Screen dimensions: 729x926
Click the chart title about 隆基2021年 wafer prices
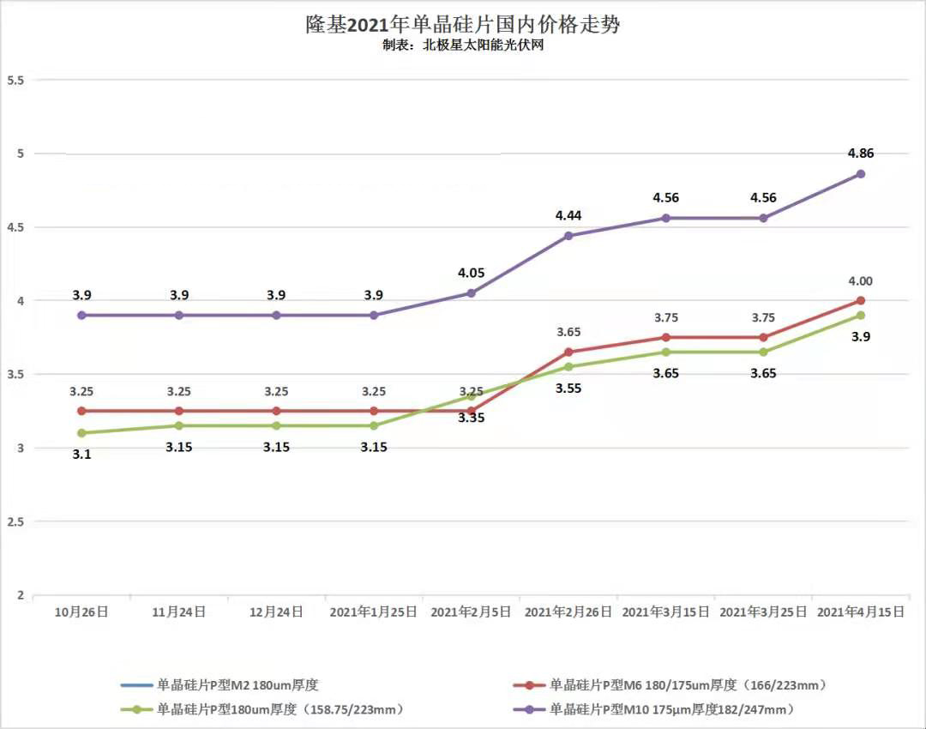click(463, 24)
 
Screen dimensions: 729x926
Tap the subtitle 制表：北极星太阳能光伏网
click(463, 45)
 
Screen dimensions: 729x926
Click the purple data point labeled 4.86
click(861, 174)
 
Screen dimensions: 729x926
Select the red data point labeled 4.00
click(861, 300)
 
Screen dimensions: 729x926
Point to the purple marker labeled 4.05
click(471, 293)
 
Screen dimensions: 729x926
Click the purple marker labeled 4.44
click(568, 236)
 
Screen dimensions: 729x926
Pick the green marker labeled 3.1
click(81, 433)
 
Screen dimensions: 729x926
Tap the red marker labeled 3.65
click(568, 352)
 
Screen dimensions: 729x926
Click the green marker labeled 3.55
click(568, 367)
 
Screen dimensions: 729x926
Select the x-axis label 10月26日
click(81, 612)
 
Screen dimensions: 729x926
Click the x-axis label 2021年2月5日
click(471, 612)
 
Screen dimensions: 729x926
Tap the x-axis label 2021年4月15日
click(860, 612)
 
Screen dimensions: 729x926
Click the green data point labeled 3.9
click(861, 316)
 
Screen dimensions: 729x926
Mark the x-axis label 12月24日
click(276, 612)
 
